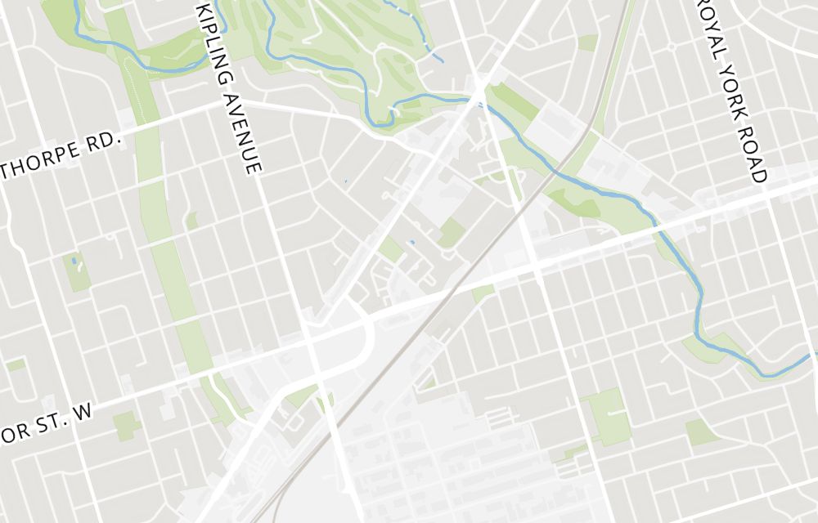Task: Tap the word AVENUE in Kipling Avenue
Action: (x=246, y=132)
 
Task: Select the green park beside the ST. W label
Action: (x=126, y=426)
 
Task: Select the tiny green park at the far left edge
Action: (x=15, y=364)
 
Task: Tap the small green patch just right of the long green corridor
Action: (x=191, y=221)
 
